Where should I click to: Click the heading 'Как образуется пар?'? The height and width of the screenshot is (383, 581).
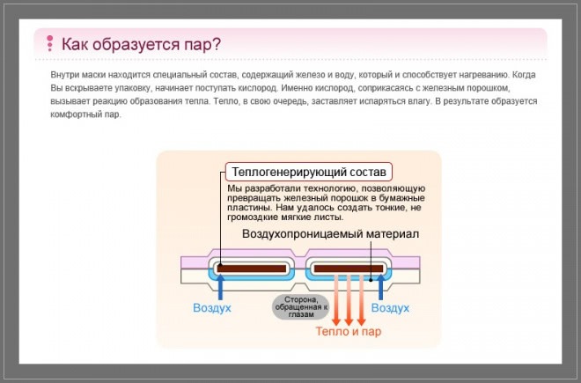coord(141,44)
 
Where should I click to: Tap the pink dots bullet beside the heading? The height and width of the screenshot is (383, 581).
coord(49,43)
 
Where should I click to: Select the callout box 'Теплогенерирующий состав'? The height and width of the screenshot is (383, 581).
coord(309,172)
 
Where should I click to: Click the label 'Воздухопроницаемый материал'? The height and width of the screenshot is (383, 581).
coord(330,234)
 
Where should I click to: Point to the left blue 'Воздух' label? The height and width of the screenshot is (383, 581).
coord(212,308)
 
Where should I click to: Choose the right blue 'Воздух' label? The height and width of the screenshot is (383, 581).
coord(390,308)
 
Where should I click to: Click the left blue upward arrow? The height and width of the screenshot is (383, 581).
coord(220,287)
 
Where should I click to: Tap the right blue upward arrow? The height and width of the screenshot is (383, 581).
coord(380,287)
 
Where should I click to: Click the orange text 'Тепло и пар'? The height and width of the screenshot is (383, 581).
coord(349,331)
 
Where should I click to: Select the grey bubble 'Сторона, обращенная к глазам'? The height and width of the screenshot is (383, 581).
coord(301,306)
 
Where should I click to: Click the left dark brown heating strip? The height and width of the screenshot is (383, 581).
coord(252,269)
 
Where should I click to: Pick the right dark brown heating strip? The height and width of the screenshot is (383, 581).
coord(349,269)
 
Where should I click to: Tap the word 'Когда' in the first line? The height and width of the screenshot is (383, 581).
coord(524,75)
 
